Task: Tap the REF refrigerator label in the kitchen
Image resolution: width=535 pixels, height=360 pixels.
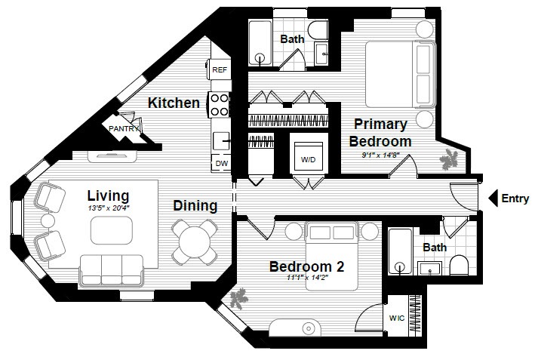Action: (220, 69)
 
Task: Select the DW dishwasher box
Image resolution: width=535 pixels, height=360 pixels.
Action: (220, 163)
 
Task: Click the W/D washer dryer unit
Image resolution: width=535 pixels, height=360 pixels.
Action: (309, 159)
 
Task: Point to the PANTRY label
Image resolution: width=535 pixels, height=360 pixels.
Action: (124, 129)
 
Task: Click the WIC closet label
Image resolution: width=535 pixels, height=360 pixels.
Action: (397, 318)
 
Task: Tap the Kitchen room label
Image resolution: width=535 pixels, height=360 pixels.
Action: (174, 103)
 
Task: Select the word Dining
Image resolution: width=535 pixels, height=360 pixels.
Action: (195, 205)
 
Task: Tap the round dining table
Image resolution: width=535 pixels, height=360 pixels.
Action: (195, 241)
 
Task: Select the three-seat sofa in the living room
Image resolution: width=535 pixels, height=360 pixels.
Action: (112, 268)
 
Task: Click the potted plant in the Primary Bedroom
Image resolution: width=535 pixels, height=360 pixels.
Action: (451, 158)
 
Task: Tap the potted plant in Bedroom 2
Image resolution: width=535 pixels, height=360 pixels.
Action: (240, 300)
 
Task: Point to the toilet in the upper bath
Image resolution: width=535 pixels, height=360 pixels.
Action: (317, 32)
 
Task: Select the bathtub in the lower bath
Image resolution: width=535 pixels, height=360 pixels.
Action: (399, 252)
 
